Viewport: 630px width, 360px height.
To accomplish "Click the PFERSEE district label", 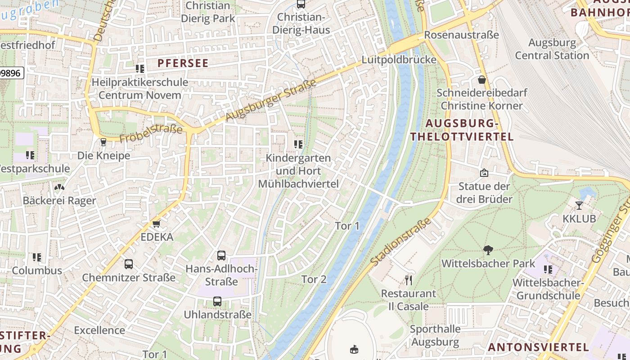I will pos(183,63).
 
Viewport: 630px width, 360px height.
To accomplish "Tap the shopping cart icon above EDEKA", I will pos(157,224).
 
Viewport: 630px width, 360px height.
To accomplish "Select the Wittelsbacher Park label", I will pos(489,263).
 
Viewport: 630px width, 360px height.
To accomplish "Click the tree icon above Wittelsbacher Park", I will pos(488,250).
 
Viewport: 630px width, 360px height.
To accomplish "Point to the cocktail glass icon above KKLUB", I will pos(579,206).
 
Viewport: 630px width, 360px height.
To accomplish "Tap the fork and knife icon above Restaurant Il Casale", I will pos(409,280).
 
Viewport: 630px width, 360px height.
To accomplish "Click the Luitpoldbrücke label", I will pos(399,60).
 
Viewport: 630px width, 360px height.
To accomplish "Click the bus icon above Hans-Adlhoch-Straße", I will pos(221,256).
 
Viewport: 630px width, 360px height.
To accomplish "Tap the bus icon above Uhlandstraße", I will pos(217,301).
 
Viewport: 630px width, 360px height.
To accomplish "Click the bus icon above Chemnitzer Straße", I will pos(129,264).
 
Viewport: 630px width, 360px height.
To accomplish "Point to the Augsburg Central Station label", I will pos(552,49).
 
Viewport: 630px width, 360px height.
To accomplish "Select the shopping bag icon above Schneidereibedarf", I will pos(482,80).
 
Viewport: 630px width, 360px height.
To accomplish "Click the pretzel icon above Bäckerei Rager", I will pos(59,187).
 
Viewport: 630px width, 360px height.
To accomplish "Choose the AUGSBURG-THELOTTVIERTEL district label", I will pos(462,130).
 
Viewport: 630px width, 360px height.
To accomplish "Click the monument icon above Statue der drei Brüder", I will pos(484,173).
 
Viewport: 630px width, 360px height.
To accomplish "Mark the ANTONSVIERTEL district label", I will pos(538,347).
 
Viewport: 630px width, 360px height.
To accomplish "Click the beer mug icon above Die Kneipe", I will pos(103,142).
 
